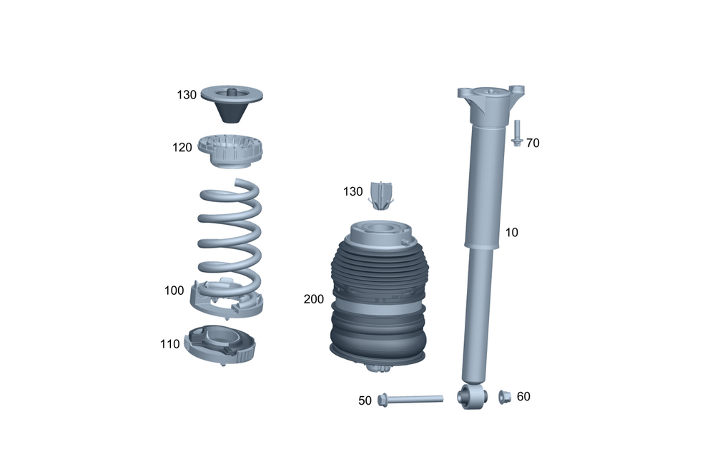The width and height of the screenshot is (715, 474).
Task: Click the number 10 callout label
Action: click(512, 232)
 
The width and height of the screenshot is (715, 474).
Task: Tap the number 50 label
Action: click(365, 400)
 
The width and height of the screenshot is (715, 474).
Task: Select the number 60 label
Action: click(523, 397)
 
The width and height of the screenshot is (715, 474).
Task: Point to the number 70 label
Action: click(533, 143)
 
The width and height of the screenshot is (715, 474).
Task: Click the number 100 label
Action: click(174, 291)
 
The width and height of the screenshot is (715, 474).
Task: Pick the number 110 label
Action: click(169, 344)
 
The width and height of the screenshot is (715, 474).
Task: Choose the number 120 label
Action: click(182, 148)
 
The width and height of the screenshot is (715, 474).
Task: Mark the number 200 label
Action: click(314, 299)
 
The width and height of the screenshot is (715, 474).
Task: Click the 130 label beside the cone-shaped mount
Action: click(187, 95)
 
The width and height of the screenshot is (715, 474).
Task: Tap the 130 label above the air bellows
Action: click(353, 192)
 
